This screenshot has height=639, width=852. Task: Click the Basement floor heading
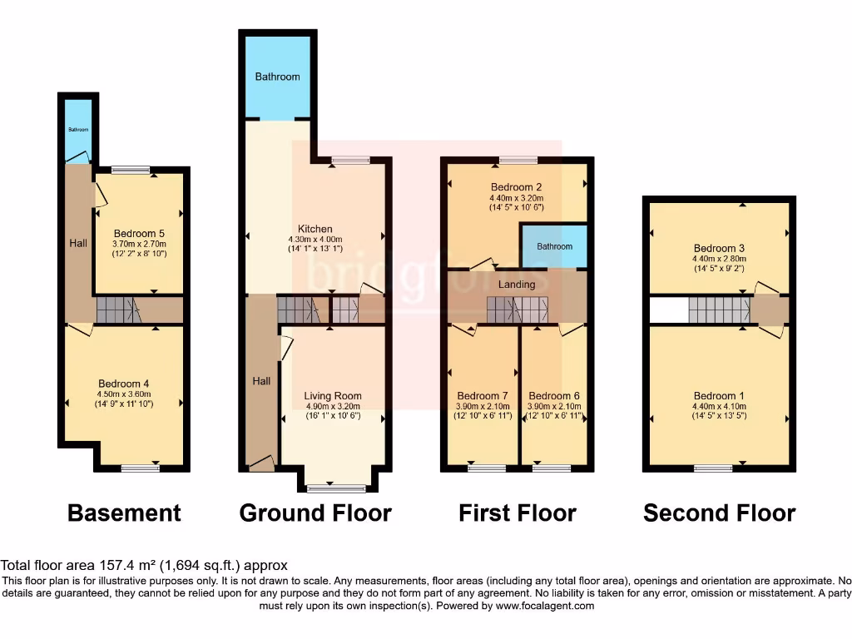(124, 513)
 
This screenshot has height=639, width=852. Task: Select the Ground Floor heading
(315, 513)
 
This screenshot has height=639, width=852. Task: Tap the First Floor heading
(517, 513)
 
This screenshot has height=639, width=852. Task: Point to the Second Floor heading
(719, 513)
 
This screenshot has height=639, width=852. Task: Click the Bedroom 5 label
(139, 233)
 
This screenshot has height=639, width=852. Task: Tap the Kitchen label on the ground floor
(315, 229)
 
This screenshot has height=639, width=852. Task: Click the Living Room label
(333, 396)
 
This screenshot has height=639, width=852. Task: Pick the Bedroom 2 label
(516, 187)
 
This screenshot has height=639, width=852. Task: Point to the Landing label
(517, 285)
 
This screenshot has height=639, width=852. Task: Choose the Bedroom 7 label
(483, 395)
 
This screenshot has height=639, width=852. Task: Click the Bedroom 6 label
(554, 395)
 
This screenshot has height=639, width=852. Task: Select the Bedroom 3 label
(719, 248)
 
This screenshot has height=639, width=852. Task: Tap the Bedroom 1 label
(719, 396)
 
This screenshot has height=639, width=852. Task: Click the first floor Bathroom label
(554, 246)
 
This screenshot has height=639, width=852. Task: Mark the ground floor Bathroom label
(277, 77)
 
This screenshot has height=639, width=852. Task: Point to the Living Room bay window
(335, 488)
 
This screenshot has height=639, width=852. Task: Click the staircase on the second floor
(719, 310)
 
